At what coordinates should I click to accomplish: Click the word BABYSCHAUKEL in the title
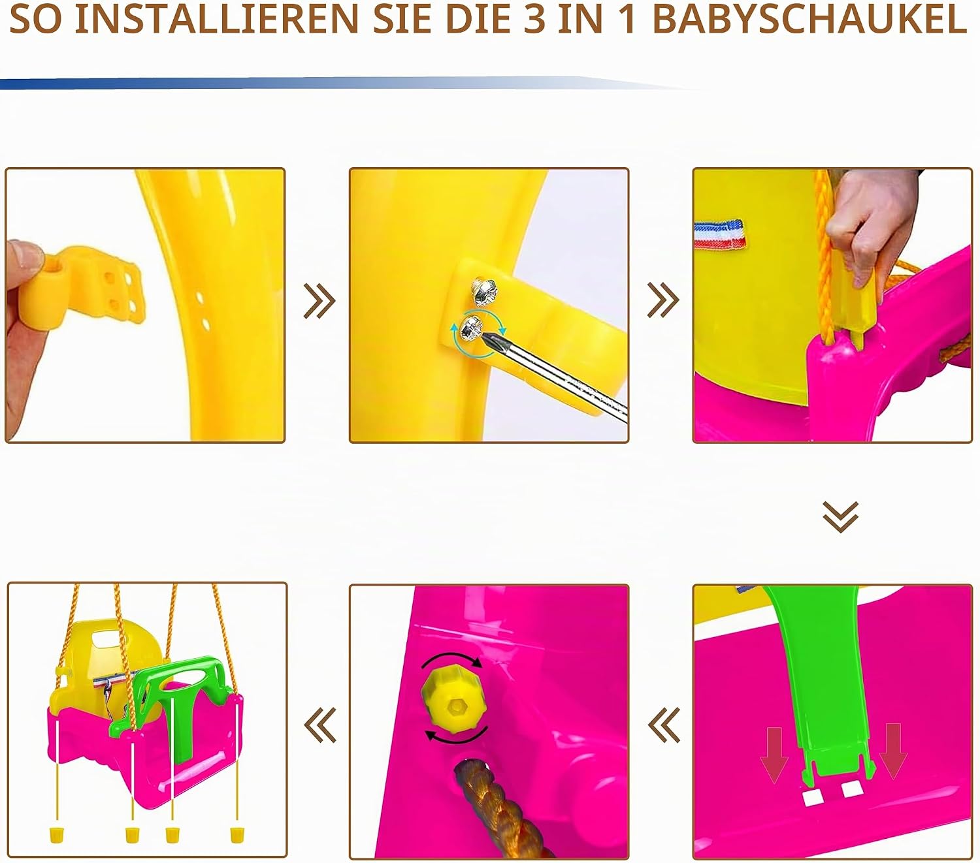click(809, 20)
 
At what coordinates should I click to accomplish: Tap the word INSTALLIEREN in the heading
click(217, 20)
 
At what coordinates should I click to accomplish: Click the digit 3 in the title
click(534, 20)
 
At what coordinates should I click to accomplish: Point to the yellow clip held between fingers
click(82, 285)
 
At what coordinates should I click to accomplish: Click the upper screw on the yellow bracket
click(485, 292)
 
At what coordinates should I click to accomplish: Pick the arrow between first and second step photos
click(319, 301)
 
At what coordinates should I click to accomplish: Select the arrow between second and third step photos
click(663, 300)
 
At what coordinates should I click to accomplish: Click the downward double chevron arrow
click(841, 517)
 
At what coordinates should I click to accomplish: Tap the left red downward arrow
click(774, 754)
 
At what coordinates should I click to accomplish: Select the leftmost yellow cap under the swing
click(57, 835)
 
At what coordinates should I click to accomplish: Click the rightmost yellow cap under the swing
click(237, 835)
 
